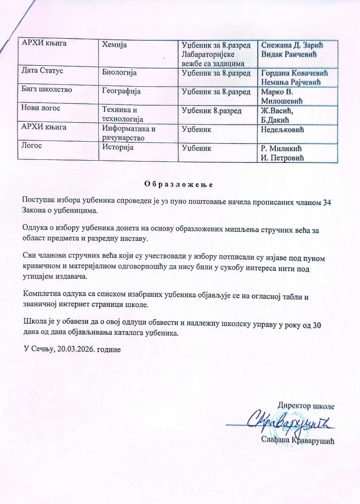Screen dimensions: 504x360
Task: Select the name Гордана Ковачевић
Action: point(294,73)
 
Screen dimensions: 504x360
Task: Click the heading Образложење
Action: point(178,184)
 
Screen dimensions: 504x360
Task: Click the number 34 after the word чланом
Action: point(327,202)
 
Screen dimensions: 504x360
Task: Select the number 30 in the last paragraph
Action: point(317,325)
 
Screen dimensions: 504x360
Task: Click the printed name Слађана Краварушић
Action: point(297,440)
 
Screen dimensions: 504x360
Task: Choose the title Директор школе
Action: point(306,406)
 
